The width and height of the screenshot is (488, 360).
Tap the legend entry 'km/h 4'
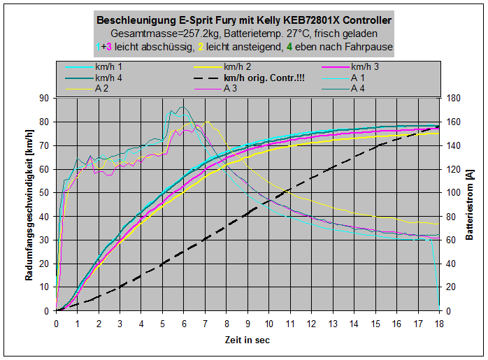point(109,78)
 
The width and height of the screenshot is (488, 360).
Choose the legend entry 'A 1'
point(358,78)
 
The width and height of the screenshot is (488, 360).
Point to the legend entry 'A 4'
point(358,89)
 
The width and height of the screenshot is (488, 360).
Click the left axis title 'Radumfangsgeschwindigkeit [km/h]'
point(30,205)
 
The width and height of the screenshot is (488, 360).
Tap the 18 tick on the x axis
point(439,324)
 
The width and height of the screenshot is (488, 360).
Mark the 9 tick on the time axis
point(247,324)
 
